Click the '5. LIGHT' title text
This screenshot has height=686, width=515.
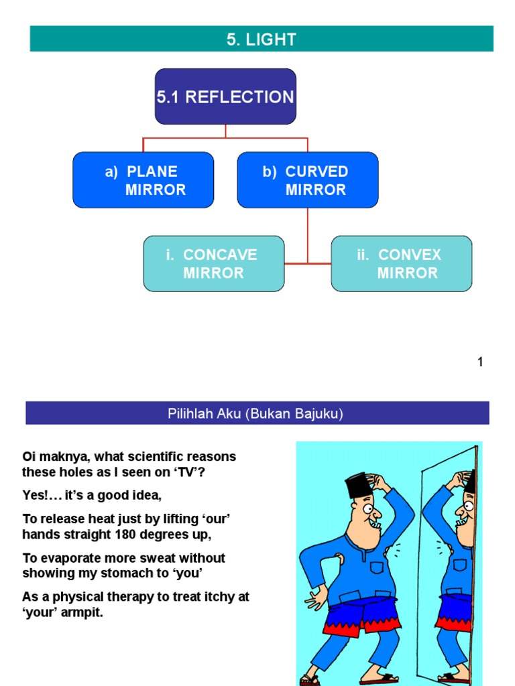(261, 40)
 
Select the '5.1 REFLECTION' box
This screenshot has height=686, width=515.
(225, 96)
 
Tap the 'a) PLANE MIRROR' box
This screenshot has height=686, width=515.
(143, 180)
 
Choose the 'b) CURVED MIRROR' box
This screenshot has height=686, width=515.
(307, 180)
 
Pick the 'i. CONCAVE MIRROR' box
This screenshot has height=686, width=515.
(213, 263)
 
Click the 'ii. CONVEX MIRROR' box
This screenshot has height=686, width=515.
(401, 263)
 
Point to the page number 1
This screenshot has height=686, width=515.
(479, 362)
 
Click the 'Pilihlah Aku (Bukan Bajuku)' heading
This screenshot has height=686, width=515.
(255, 413)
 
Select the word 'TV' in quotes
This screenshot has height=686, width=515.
(198, 472)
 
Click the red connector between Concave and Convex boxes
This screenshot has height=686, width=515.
(308, 263)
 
